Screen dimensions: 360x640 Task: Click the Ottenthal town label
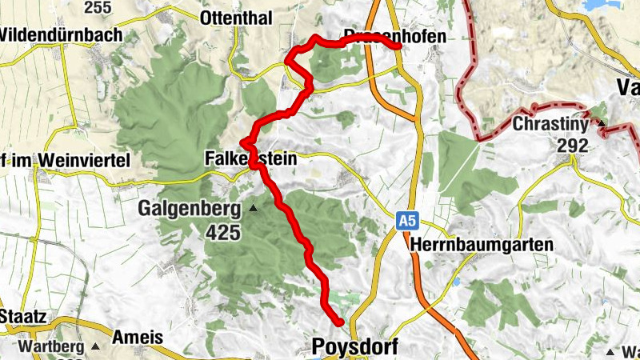236,18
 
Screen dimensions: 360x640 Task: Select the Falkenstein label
250,158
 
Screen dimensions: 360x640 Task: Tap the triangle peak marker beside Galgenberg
253,209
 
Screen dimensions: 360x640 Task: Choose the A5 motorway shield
408,218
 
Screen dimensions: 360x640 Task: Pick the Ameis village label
138,337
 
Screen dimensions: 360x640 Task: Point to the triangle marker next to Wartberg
95,347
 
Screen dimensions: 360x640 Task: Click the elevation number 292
574,146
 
